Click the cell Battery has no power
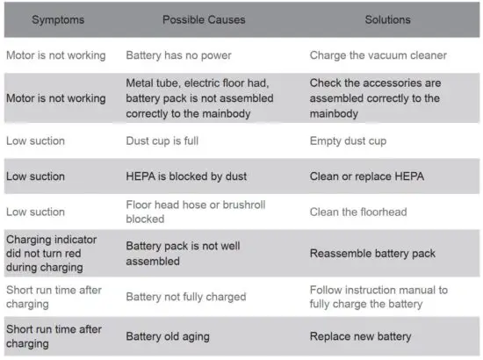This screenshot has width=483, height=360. tap(178, 55)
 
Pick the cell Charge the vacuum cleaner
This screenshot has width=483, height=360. tap(378, 55)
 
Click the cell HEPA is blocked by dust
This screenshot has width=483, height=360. tap(187, 176)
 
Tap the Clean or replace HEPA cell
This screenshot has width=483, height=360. tap(367, 176)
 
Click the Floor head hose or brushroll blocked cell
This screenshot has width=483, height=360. tap(195, 212)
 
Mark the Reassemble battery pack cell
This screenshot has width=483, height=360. tap(372, 254)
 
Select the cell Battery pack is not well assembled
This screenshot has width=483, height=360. tap(183, 254)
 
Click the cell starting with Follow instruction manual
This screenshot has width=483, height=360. tap(378, 297)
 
